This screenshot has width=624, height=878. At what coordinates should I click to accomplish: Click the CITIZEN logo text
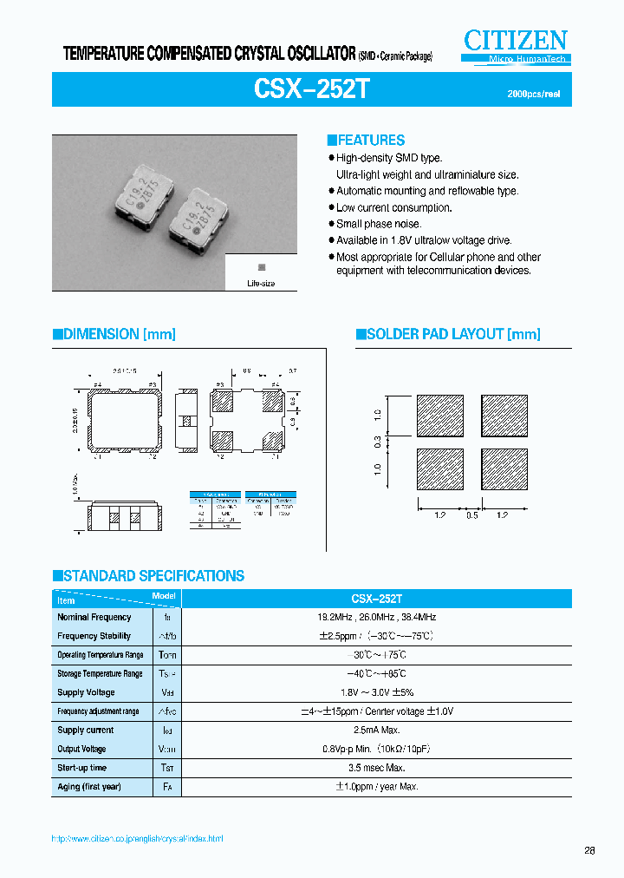[x=516, y=40]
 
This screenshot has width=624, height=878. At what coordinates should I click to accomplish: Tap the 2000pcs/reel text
[x=533, y=94]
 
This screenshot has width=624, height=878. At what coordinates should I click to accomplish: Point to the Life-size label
[x=261, y=284]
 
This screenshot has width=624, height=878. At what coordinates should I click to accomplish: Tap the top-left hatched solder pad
[x=440, y=416]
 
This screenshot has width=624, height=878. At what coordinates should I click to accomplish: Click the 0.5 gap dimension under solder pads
[x=471, y=515]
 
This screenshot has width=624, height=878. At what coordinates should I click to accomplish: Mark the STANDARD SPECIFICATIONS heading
[x=148, y=576]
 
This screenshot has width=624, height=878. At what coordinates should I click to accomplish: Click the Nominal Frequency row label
[x=94, y=618]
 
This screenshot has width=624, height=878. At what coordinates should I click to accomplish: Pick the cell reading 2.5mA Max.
[x=377, y=731]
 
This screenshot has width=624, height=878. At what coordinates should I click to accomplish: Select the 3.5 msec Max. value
[x=377, y=768]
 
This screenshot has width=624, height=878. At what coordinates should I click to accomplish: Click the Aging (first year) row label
[x=89, y=787]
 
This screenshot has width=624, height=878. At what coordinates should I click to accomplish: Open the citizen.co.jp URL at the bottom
[x=138, y=839]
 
